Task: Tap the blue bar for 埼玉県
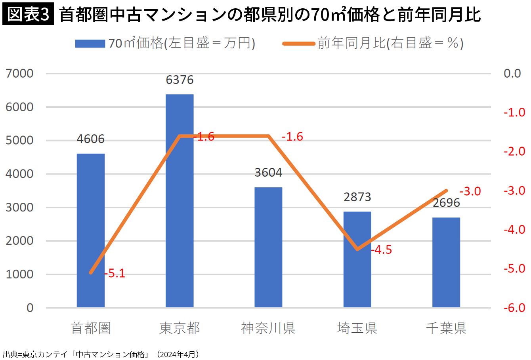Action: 357,259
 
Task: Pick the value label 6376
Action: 180,80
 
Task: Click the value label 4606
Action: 91,139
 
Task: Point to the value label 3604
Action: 268,173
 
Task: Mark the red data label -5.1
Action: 115,274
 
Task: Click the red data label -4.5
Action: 381,250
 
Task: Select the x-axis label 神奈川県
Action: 268,328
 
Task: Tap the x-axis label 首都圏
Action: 91,328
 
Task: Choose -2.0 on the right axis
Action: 514,151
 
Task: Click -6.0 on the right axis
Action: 514,308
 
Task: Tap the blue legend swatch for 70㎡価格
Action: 90,43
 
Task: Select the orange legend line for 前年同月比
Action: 299,43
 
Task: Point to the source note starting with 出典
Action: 101,354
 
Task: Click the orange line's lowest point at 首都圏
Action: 91,273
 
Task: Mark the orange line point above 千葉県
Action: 446,190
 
